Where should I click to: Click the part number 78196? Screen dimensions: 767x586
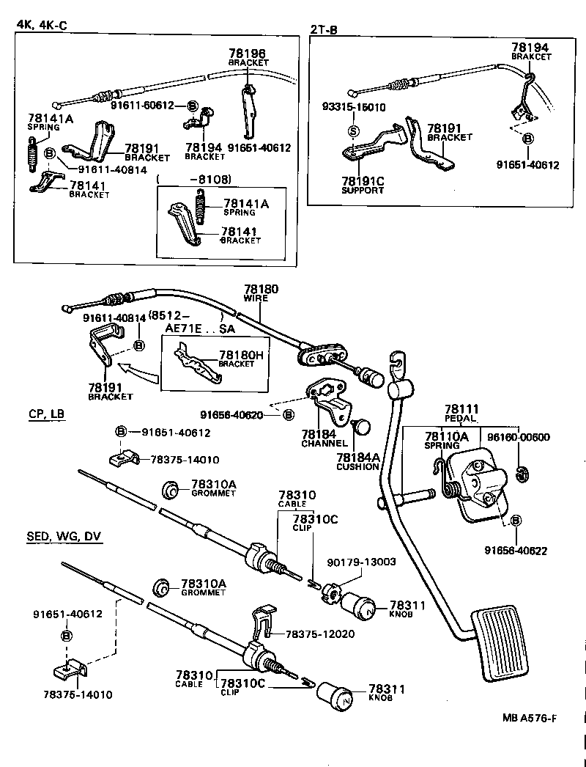coord(247,54)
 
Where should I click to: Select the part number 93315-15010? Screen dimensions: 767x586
coord(354,107)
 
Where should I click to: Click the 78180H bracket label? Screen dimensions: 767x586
coord(240,355)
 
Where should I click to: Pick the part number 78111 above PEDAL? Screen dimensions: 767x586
coord(461,409)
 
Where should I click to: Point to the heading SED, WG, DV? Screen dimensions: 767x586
coord(64,537)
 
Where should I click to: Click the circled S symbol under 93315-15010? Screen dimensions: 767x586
coord(353,131)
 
